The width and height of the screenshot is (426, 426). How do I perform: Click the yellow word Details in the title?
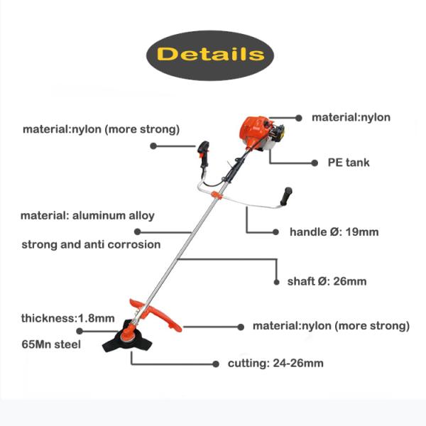[x=210, y=54]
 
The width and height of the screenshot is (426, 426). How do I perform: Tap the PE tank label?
[x=348, y=163]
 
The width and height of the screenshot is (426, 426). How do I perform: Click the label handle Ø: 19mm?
[x=334, y=232]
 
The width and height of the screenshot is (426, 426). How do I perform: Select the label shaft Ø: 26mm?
[x=327, y=281]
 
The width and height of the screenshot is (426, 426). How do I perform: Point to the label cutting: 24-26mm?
[x=275, y=364]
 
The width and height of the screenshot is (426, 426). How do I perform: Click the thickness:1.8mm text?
[x=67, y=318]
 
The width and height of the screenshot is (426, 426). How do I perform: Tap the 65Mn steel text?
[x=51, y=345]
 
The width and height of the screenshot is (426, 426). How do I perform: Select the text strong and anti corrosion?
[x=91, y=244]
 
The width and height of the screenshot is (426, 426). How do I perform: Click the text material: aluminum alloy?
[x=87, y=215]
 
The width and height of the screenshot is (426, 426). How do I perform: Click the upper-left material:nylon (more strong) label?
[x=101, y=129]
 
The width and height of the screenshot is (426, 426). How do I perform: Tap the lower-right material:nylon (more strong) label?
[x=331, y=326]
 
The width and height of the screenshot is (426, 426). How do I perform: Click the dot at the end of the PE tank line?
[x=315, y=163]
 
